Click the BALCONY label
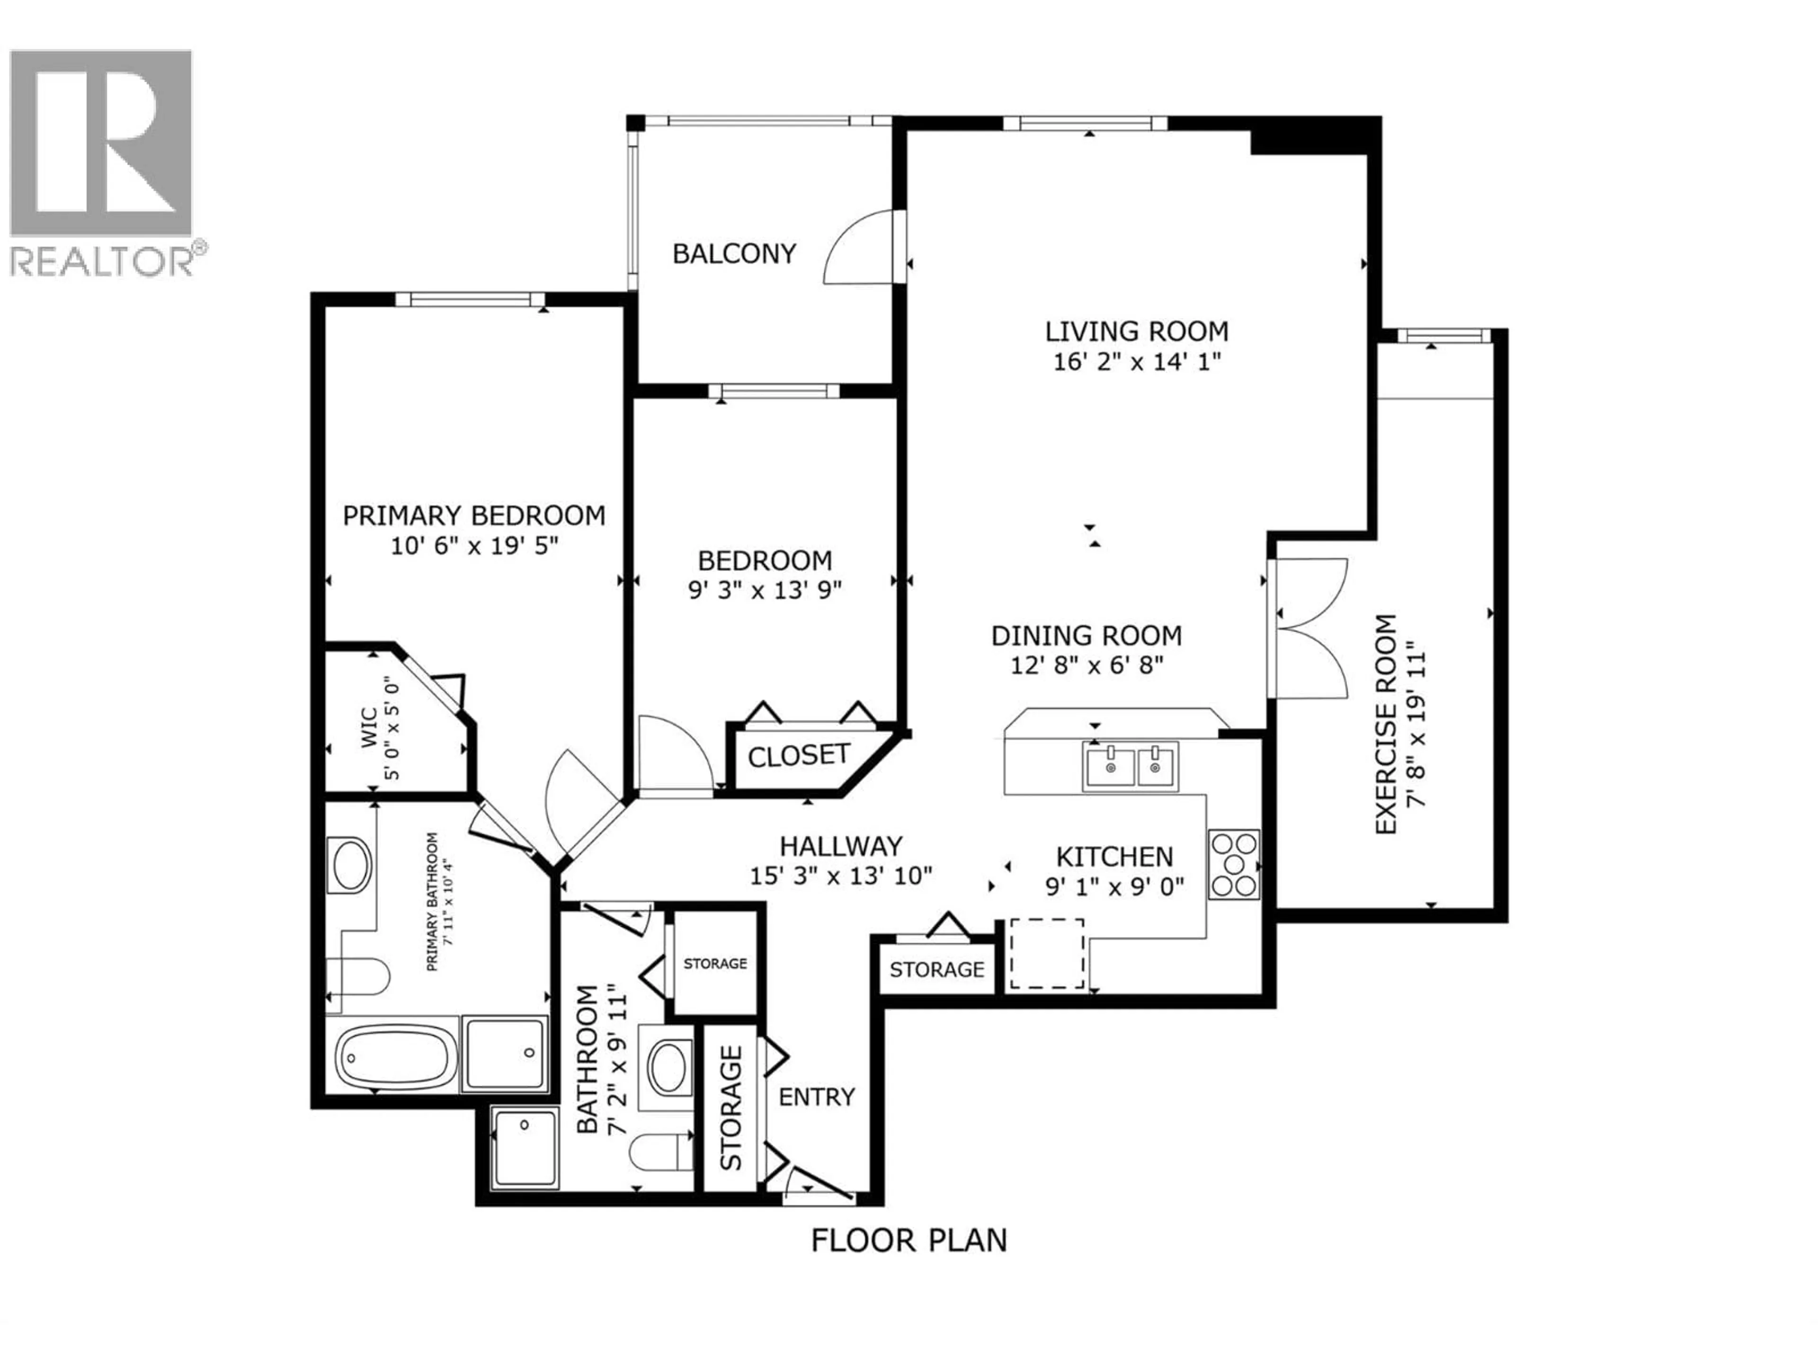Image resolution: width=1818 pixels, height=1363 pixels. coord(734,254)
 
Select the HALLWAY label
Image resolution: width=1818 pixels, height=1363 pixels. coord(841,846)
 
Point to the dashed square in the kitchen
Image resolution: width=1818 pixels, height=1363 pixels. coord(1046,953)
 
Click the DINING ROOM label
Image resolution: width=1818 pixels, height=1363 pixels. coord(1087,636)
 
